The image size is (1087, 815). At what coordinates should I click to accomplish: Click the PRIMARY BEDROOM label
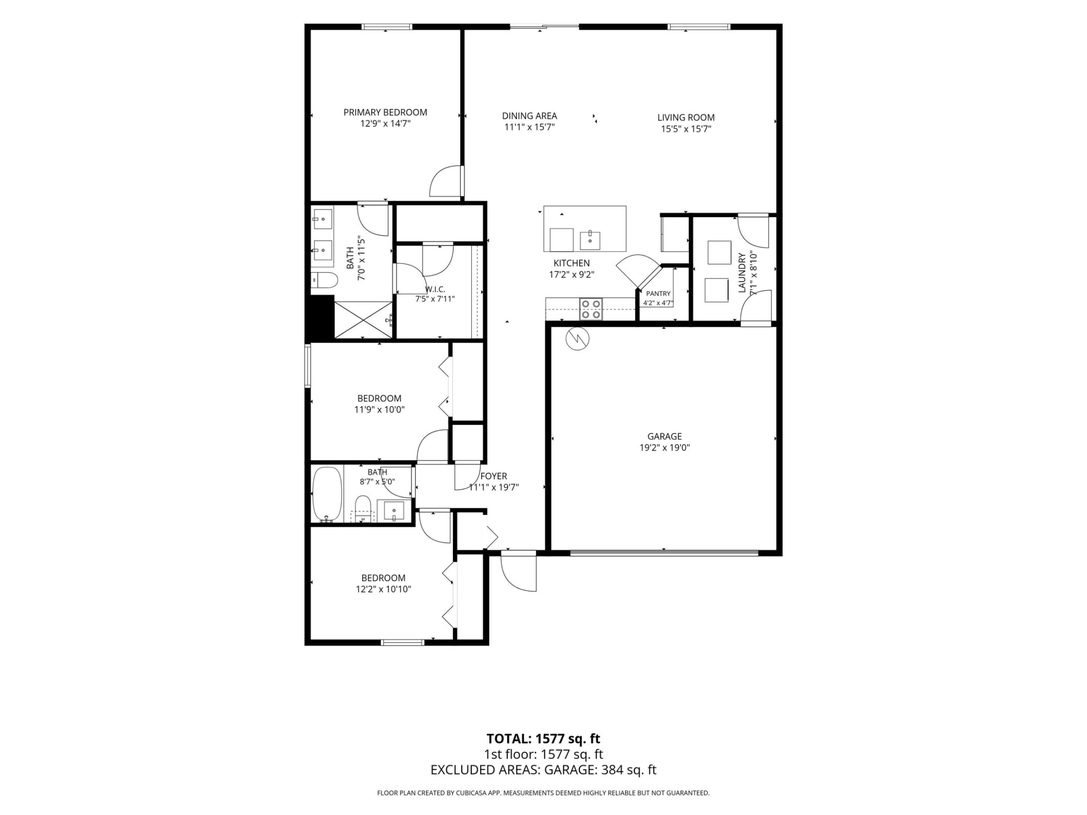pyautogui.click(x=385, y=112)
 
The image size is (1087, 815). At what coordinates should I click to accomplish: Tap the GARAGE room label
pyautogui.click(x=664, y=436)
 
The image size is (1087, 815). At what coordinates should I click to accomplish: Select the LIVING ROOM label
pyautogui.click(x=686, y=117)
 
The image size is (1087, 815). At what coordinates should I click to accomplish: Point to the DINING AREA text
pyautogui.click(x=529, y=116)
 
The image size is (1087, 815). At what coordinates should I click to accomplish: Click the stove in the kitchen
pyautogui.click(x=591, y=309)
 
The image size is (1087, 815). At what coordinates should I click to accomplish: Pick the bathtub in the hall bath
pyautogui.click(x=327, y=494)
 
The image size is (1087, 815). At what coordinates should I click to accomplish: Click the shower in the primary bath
pyautogui.click(x=363, y=320)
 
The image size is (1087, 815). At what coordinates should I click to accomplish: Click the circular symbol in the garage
pyautogui.click(x=577, y=338)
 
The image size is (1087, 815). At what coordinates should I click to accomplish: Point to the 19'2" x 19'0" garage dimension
pyautogui.click(x=664, y=448)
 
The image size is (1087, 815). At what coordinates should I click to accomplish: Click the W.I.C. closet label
pyautogui.click(x=435, y=289)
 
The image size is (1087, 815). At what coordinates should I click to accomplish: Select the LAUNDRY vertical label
pyautogui.click(x=742, y=273)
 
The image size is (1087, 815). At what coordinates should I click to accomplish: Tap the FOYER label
pyautogui.click(x=493, y=476)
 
